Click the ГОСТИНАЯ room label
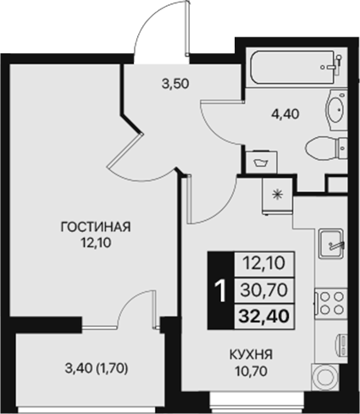(x=94, y=226)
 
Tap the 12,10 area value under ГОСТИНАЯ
(x=94, y=241)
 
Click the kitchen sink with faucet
(x=330, y=246)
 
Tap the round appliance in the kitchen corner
(x=325, y=378)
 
